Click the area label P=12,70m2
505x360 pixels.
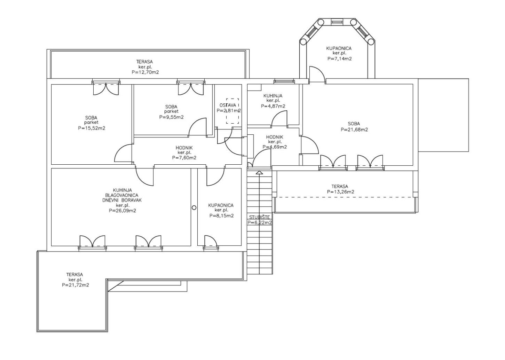point(145,72)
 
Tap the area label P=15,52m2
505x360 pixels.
point(92,128)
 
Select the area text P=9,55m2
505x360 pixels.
point(171,117)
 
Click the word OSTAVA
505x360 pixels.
point(228,105)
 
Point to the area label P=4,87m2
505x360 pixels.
point(273,106)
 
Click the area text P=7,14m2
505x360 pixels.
point(340,58)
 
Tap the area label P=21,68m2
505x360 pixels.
point(354,130)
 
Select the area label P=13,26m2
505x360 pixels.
point(340,192)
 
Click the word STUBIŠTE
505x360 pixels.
point(260,217)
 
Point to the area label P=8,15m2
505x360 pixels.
point(221,216)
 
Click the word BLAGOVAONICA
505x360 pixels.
point(122,195)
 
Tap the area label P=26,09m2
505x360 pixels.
point(123,211)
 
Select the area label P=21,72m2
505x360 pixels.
point(76,285)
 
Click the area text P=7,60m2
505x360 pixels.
point(184,158)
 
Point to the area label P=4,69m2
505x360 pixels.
point(275,147)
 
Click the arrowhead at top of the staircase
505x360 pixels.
point(260,173)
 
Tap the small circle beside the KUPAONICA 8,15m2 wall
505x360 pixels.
point(194,208)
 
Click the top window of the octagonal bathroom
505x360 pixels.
point(337,22)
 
